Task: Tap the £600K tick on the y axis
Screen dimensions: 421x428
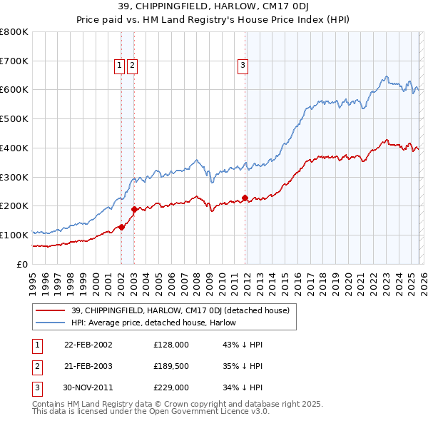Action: pos(14,90)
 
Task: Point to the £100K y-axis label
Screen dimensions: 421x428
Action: pos(14,235)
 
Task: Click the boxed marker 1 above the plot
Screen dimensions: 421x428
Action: pos(120,66)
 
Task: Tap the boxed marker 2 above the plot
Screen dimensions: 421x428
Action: pos(133,66)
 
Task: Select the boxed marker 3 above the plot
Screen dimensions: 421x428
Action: pos(243,66)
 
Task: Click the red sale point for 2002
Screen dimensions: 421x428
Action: pos(121,227)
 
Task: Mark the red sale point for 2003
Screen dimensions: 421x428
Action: pos(134,209)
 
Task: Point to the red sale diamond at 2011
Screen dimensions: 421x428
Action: pos(245,198)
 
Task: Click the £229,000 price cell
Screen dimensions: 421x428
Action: pos(171,388)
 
